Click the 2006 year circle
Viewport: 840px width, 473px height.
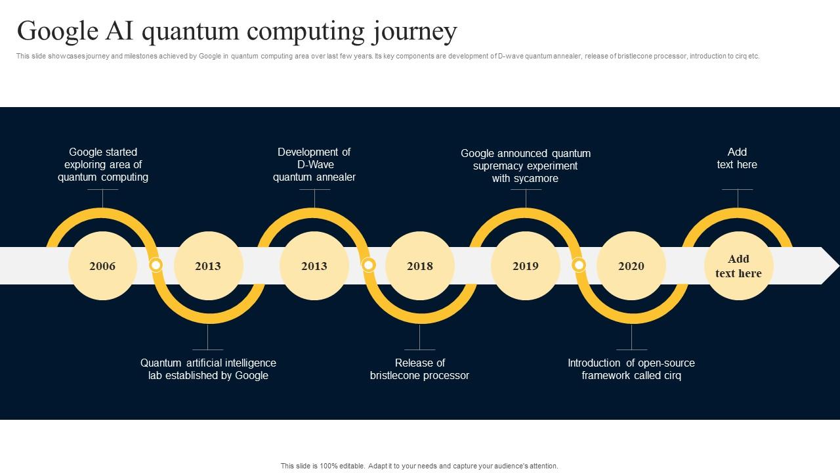[x=102, y=266]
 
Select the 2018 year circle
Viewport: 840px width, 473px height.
[x=420, y=266]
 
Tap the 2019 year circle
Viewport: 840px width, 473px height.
[x=526, y=266]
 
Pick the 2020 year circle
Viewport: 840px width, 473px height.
[x=631, y=266]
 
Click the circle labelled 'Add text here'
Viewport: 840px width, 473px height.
[x=738, y=266]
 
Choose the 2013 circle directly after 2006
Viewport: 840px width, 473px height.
[x=208, y=266]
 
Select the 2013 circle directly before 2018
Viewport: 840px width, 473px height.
[x=314, y=266]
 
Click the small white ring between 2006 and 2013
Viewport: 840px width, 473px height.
[x=156, y=265]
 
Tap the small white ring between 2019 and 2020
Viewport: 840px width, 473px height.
[x=579, y=265]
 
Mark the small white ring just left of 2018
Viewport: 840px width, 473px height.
[x=369, y=265]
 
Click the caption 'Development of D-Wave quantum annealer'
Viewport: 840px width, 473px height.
[x=314, y=164]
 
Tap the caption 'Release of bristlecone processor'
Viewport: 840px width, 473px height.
[x=419, y=369]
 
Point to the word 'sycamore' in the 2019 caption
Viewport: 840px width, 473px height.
[x=535, y=179]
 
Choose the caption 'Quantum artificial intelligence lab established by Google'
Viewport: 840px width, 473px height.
[x=208, y=369]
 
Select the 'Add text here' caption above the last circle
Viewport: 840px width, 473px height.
[x=737, y=158]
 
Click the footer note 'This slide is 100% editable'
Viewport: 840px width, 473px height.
[x=419, y=466]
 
